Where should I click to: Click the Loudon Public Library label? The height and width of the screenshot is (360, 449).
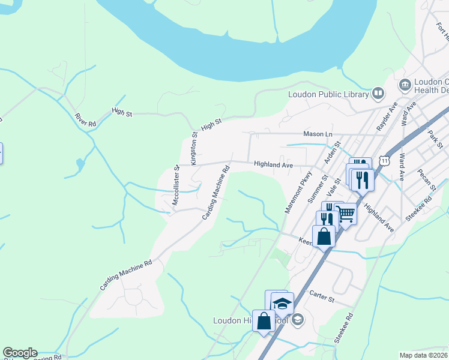328,94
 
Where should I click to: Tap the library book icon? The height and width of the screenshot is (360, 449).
378,93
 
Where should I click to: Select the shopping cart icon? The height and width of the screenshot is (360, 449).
345,213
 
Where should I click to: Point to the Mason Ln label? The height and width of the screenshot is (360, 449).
318,134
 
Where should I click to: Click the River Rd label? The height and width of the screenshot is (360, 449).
85,119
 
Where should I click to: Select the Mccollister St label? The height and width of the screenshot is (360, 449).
176,186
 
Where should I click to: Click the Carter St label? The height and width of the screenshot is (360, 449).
321,295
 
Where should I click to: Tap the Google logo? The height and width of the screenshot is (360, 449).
20,353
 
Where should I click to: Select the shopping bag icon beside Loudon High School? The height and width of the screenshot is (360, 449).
264,321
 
